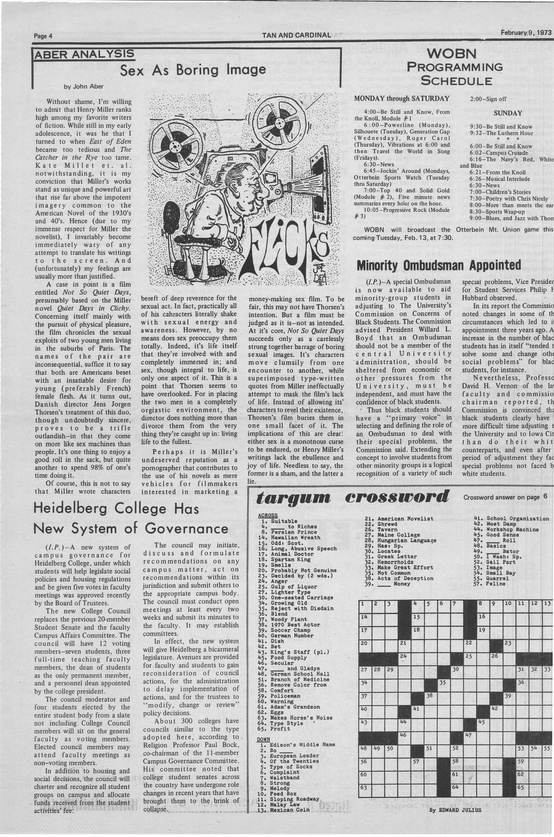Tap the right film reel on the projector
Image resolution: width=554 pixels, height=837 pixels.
tap(279, 122)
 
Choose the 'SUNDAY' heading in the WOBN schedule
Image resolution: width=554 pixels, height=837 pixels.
tap(508, 113)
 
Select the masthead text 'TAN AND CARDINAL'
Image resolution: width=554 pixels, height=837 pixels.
tap(296, 35)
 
